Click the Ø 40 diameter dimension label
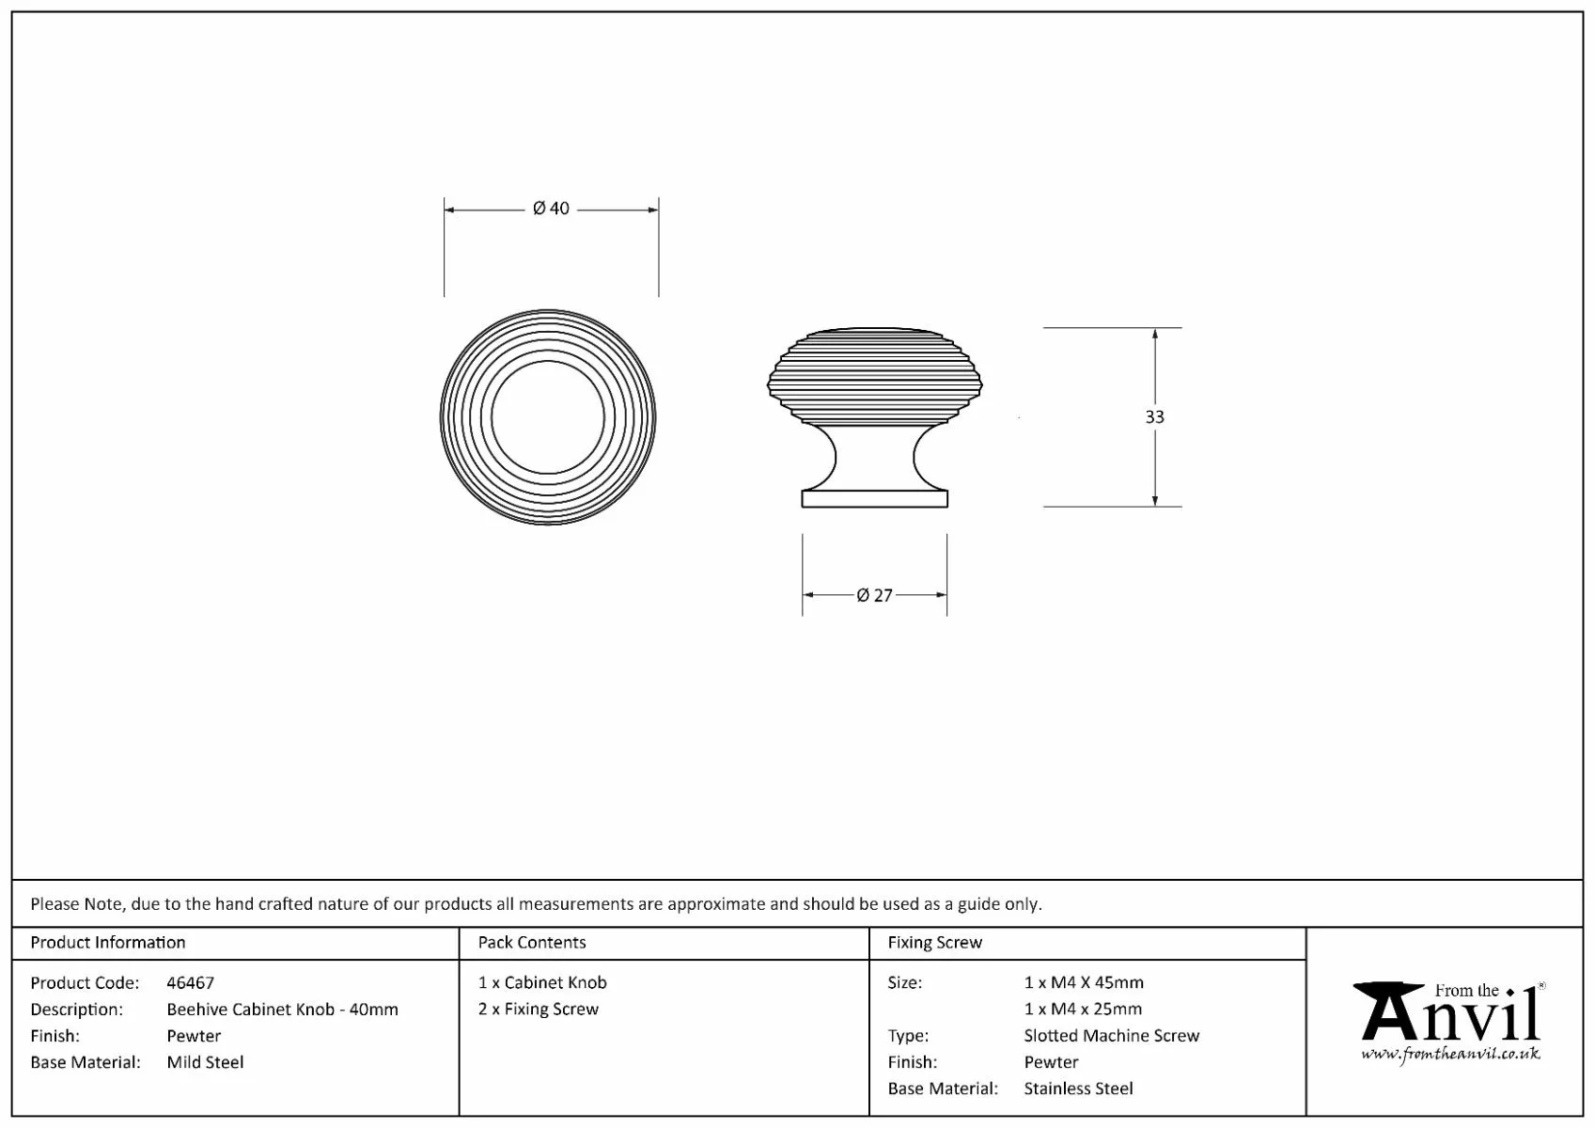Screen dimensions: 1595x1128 click(x=551, y=209)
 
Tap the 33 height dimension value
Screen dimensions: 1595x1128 click(x=1154, y=417)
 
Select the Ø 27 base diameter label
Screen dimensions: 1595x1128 click(x=874, y=595)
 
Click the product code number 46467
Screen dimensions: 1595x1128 click(x=190, y=982)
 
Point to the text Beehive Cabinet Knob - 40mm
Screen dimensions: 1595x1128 click(x=283, y=1009)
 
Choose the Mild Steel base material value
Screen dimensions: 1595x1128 click(x=205, y=1062)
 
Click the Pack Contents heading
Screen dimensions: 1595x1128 click(x=532, y=942)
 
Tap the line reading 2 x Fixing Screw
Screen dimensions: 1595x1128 click(x=539, y=1009)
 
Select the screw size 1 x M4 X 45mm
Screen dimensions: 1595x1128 click(x=1084, y=982)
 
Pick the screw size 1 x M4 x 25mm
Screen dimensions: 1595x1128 click(x=1083, y=1009)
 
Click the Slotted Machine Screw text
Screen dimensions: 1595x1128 click(x=1112, y=1036)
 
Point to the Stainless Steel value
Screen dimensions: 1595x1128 click(x=1078, y=1089)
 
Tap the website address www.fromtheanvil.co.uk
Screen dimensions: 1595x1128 click(x=1450, y=1054)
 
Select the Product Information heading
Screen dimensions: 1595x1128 click(x=107, y=942)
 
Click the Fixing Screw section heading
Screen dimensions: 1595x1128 click(x=934, y=942)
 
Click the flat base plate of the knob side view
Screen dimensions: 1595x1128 click(x=874, y=498)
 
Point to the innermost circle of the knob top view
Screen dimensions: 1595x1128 click(x=548, y=417)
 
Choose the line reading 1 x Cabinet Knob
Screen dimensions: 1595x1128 click(x=542, y=982)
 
